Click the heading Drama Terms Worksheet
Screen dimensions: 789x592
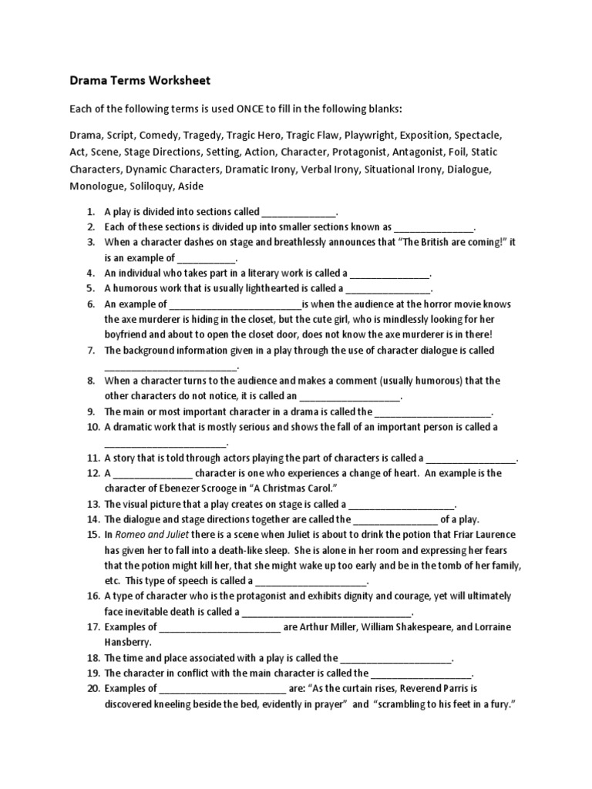tap(140, 80)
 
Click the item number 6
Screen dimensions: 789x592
tap(91, 304)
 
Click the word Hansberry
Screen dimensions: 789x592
tap(128, 642)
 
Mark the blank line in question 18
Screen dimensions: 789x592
tap(396, 659)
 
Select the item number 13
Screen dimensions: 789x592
tap(91, 505)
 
